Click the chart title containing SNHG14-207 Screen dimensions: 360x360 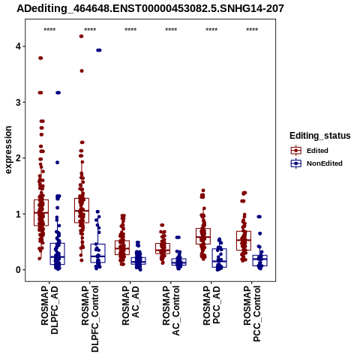coord(150,9)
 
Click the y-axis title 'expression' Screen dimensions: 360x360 coord(8,150)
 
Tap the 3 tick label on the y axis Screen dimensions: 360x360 coord(18,102)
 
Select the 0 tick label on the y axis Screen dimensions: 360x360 coord(18,270)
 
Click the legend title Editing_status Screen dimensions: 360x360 coord(320,136)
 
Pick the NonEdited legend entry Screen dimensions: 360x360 coord(316,163)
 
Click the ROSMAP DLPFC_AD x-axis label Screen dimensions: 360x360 coord(49,310)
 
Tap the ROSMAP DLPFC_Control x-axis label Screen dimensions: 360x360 coord(90,319)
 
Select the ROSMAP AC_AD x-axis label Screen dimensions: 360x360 coord(130,305)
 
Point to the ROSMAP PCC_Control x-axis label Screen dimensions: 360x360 coord(252,313)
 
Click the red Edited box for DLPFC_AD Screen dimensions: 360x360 coord(41,212)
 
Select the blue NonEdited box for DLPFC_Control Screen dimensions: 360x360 coord(98,253)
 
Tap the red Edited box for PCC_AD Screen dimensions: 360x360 coord(203,236)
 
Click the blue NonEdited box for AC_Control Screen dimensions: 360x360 coord(179,262)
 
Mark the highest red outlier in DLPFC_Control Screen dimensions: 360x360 coord(81,36)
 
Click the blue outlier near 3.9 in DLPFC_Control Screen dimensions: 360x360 coord(99,50)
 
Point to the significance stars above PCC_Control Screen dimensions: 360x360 coord(252,30)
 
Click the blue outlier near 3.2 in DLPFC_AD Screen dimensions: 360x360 coord(58,93)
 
